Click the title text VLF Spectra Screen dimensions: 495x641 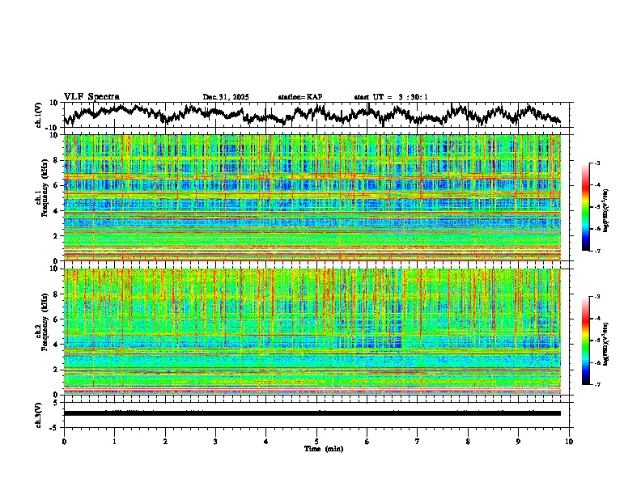(91, 96)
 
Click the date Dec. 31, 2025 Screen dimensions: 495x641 (225, 97)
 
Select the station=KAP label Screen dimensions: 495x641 (299, 97)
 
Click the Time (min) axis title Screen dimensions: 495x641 (316, 448)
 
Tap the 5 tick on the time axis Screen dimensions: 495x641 (316, 442)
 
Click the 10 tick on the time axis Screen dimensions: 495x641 (569, 442)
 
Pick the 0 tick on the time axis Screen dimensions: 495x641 (64, 442)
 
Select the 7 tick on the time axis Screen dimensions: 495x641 (418, 442)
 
